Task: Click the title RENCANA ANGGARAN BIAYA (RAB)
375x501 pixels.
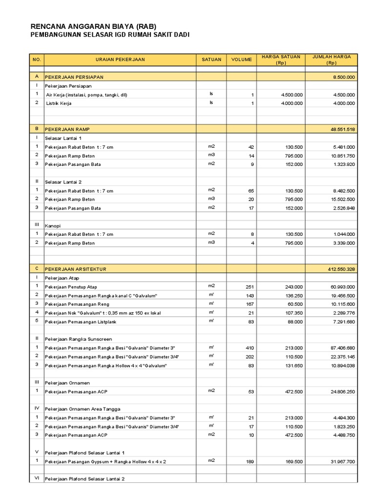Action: (x=93, y=26)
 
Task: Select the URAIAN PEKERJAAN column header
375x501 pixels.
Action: (x=120, y=60)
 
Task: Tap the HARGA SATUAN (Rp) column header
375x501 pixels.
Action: (x=281, y=60)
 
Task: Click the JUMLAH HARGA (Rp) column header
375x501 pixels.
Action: (x=332, y=60)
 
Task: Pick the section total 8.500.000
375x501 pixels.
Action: (x=344, y=77)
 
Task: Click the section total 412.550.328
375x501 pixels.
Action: (x=341, y=269)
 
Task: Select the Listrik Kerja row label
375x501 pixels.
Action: (x=59, y=104)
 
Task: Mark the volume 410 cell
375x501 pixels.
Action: (x=250, y=348)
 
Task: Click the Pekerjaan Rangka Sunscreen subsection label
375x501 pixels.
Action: (x=79, y=339)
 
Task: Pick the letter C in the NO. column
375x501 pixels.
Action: (x=37, y=269)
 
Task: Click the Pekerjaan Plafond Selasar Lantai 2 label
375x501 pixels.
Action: (x=85, y=479)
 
